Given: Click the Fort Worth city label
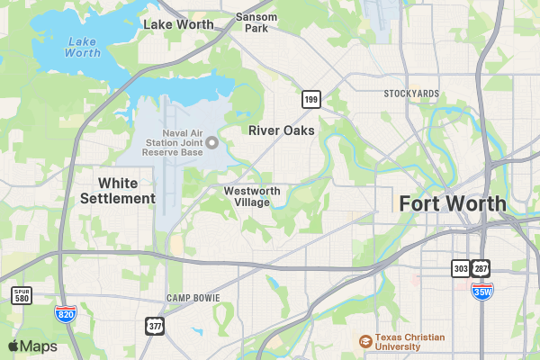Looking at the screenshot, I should coord(453,203).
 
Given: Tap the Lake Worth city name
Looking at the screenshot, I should coord(178,24).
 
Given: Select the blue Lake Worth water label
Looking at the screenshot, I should coord(83,47).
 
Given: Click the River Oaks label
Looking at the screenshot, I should coord(282,130).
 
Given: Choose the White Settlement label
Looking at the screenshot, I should coord(117,190).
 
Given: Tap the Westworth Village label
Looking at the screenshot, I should coord(252,196).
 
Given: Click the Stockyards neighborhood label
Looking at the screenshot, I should coord(411,94).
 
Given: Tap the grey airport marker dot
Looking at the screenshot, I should coord(212,142).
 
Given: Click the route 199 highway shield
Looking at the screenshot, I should coord(310,98).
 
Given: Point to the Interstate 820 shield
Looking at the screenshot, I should coord(65,313).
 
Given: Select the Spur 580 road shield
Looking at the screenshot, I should coord(22,294).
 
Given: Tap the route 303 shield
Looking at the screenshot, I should coord(460,268).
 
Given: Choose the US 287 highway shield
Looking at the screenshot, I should coord(481,268).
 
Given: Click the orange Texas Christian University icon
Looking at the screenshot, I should coord(364,341).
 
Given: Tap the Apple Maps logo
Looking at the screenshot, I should coord(32,346).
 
